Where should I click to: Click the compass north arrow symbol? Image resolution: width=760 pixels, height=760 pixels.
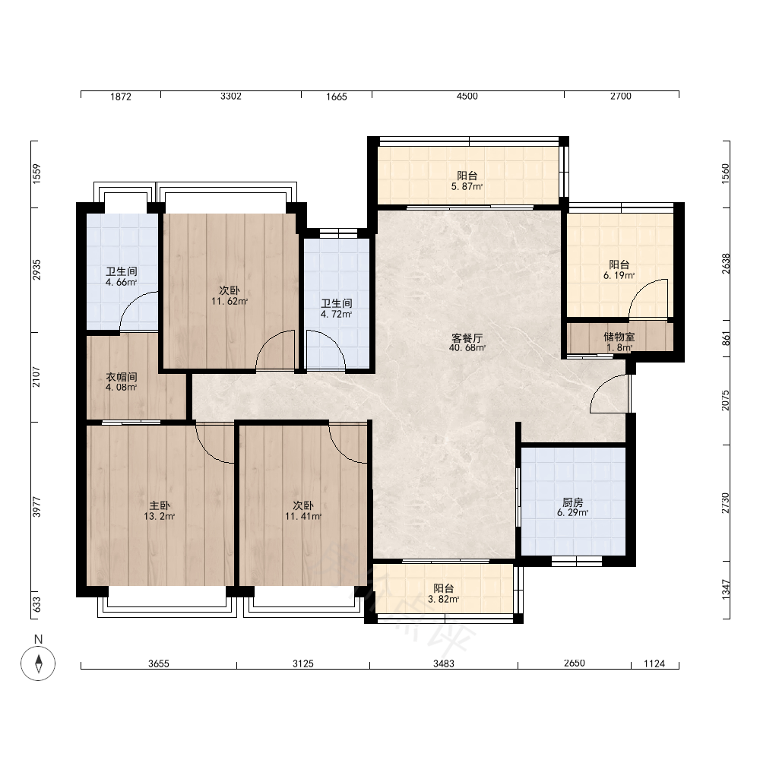[38, 663]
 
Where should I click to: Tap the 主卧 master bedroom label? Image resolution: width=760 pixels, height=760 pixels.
[160, 506]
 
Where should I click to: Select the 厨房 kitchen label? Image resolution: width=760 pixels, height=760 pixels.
[573, 502]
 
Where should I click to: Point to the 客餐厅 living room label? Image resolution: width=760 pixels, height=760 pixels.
[467, 338]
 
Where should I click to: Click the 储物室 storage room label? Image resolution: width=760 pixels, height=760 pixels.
[619, 337]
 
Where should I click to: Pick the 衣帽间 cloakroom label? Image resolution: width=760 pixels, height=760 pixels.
[122, 377]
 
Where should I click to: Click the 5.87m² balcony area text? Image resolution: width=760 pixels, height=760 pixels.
[467, 187]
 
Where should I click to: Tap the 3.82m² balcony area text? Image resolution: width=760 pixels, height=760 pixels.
[444, 599]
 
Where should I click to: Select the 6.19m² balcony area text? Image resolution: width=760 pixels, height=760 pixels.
[619, 275]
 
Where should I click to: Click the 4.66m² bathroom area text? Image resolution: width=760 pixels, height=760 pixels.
[122, 282]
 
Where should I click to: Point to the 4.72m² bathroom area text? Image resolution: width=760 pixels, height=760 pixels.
[337, 314]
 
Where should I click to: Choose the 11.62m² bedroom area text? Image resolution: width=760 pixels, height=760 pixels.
[230, 301]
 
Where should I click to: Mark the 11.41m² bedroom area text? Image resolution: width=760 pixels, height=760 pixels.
[303, 516]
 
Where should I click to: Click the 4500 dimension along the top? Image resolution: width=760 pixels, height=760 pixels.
[467, 96]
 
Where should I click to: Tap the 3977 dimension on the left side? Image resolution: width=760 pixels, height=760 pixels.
[36, 507]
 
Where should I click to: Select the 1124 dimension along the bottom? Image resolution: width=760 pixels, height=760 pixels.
[654, 663]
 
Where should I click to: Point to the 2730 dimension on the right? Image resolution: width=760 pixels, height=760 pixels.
[726, 503]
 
